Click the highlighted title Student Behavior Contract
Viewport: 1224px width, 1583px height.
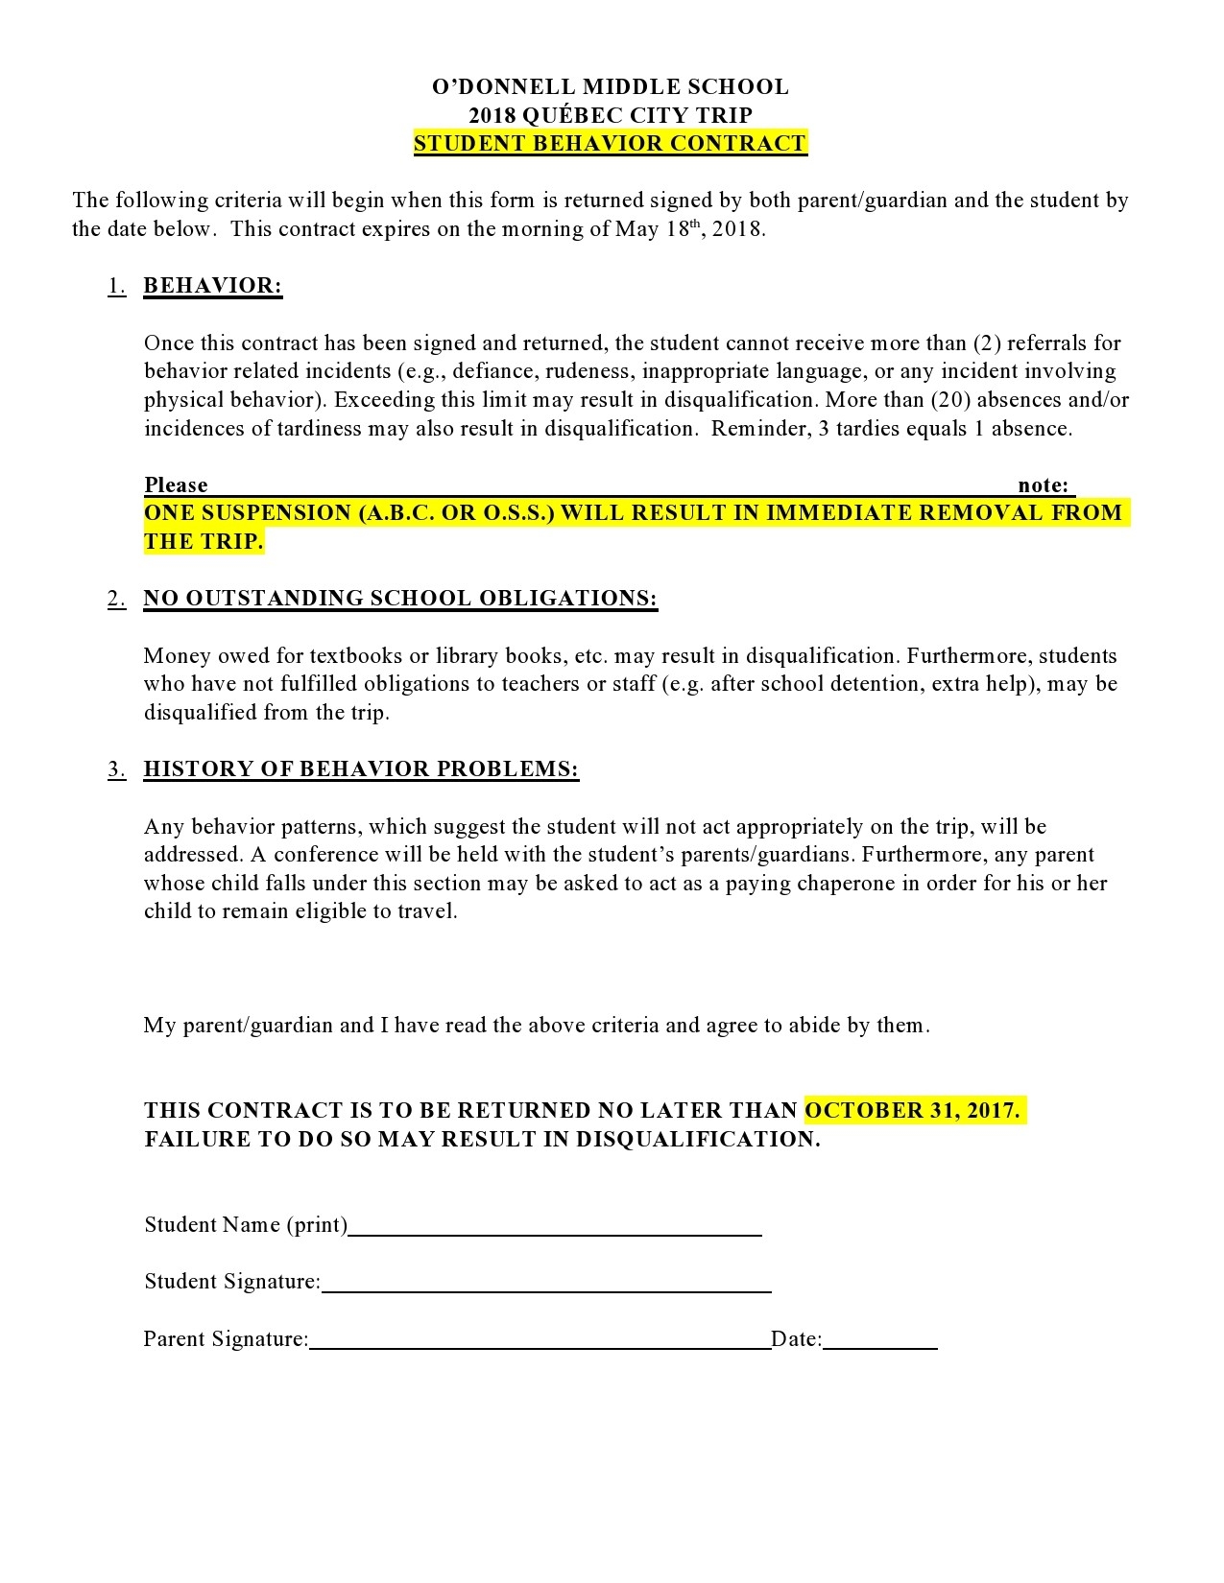click(611, 144)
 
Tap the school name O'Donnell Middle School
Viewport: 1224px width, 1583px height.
click(611, 87)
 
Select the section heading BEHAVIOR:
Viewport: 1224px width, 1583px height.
click(212, 286)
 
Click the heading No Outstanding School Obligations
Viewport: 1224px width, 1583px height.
click(400, 599)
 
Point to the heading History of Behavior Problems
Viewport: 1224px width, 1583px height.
click(361, 769)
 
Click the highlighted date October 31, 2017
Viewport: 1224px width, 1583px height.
click(913, 1110)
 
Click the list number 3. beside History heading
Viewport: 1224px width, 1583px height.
click(116, 769)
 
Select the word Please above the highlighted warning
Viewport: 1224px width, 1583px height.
click(176, 485)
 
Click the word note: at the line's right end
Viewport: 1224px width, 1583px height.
click(1043, 485)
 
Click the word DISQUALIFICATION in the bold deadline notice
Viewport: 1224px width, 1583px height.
click(698, 1139)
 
